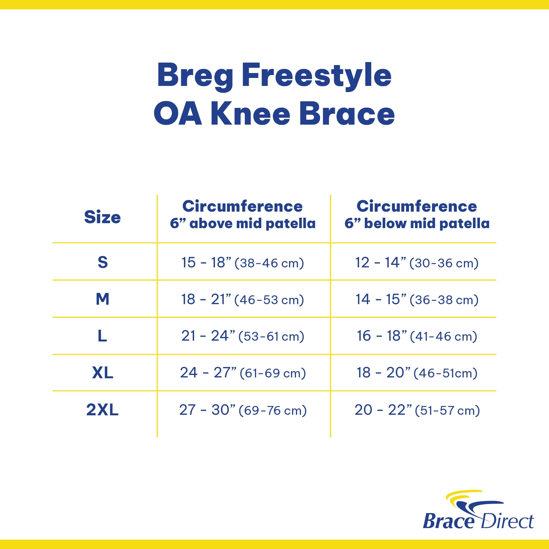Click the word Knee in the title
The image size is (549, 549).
coord(250,114)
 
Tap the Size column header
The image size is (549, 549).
coord(103,217)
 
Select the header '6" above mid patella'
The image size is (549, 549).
coord(243,223)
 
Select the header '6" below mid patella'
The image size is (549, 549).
coord(417,223)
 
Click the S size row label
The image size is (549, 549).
coord(103,262)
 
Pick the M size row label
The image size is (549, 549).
coord(103,299)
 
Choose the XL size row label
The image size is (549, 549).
coord(103,372)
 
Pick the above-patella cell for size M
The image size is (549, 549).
coord(243,299)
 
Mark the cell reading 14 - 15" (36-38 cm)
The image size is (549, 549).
coord(417,299)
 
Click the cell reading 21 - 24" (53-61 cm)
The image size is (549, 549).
coord(243,336)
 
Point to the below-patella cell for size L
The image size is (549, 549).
coord(417,336)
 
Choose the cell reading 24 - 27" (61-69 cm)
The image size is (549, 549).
coord(243,373)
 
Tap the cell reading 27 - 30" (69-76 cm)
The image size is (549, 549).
coord(243,410)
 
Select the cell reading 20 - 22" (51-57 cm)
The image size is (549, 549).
coord(417,410)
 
